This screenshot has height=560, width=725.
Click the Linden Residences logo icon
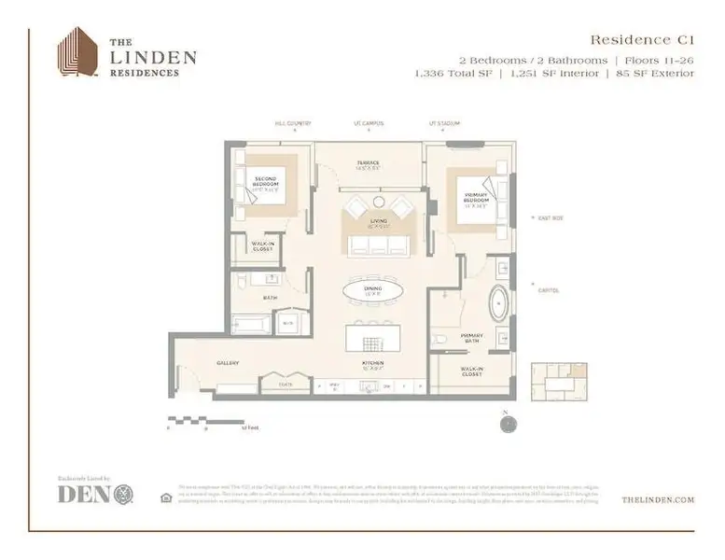tap(77, 53)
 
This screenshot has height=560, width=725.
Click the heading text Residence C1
tap(643, 39)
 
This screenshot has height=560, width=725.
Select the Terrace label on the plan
tap(368, 164)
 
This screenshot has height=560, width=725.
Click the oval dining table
tap(372, 292)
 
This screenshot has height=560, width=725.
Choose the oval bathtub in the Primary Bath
tap(499, 305)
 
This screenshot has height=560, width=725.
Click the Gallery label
tap(229, 363)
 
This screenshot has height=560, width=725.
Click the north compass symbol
tap(507, 423)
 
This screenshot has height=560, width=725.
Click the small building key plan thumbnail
tap(559, 382)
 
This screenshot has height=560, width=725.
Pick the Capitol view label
tap(549, 290)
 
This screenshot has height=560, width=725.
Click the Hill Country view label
tap(292, 123)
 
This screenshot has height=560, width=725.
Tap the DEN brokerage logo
tap(95, 495)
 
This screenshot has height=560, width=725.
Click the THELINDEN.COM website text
tap(657, 500)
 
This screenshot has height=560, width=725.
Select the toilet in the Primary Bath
tap(439, 337)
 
